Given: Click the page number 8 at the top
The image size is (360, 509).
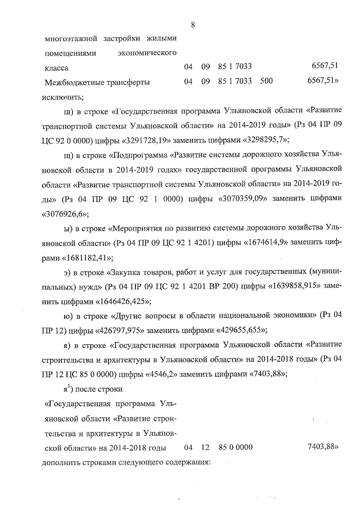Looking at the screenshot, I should tap(192, 24).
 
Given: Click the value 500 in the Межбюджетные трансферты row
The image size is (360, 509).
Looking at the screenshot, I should tap(267, 82).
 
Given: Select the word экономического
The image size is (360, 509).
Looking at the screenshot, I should tap(147, 53).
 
